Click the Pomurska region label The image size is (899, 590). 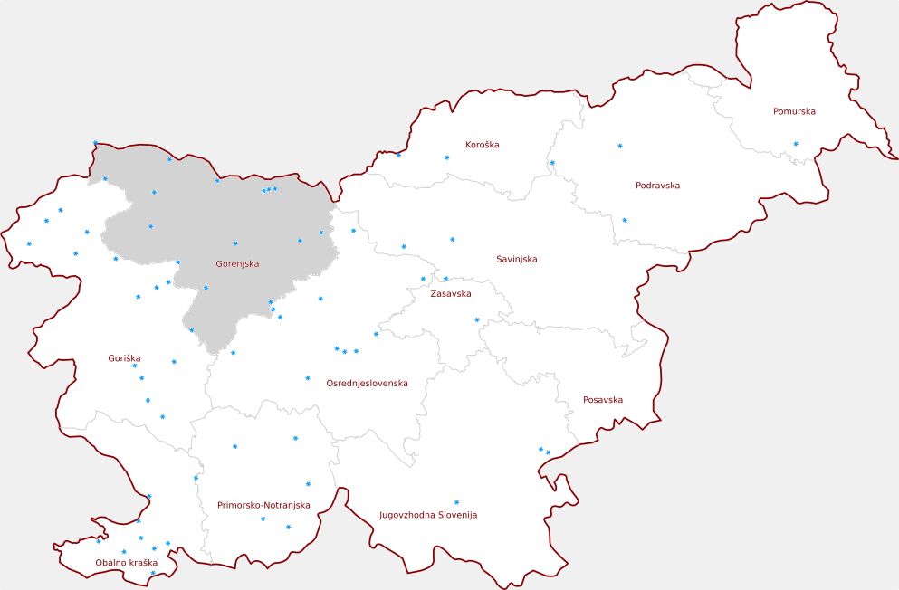[x=794, y=112]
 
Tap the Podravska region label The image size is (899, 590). [x=657, y=186]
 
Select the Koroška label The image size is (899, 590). [x=482, y=145]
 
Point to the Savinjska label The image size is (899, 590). [x=516, y=260]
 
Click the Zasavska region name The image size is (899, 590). [x=450, y=294]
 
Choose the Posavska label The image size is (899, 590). [x=602, y=400]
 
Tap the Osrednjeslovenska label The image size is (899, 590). [x=367, y=384]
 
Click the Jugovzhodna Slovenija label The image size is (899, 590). [x=427, y=516]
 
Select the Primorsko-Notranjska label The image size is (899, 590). [x=263, y=506]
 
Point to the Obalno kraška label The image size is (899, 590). [x=126, y=563]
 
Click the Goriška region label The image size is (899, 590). [x=124, y=359]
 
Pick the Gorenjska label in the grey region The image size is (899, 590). [x=237, y=264]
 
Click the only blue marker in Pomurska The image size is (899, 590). [x=796, y=144]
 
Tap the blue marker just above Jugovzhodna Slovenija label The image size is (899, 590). [x=456, y=502]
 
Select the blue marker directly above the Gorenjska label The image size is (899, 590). [x=235, y=243]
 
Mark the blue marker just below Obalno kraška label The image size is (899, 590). [x=152, y=573]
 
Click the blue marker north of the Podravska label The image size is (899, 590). [x=620, y=146]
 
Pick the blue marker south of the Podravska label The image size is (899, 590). [x=624, y=220]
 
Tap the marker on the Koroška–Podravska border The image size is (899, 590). [x=552, y=163]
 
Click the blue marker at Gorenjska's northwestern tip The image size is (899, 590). [x=95, y=143]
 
